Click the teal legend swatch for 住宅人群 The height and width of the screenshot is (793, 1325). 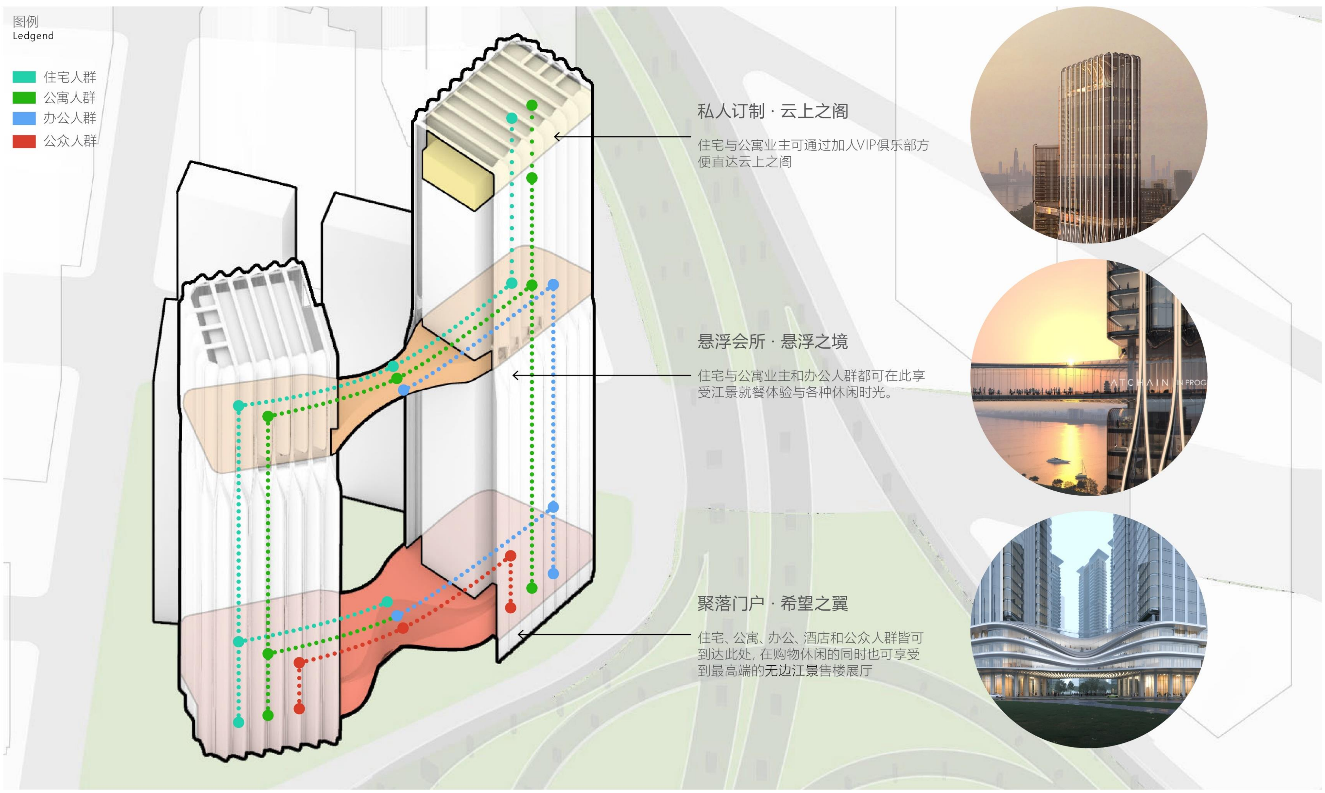pyautogui.click(x=24, y=77)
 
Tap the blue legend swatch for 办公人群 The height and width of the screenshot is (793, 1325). pyautogui.click(x=24, y=118)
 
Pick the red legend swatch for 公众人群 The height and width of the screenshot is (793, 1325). pyautogui.click(x=24, y=141)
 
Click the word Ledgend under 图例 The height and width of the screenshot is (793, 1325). pyautogui.click(x=33, y=36)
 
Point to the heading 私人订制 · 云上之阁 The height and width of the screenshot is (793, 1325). pyautogui.click(x=772, y=111)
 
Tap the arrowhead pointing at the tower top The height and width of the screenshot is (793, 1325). pyautogui.click(x=556, y=137)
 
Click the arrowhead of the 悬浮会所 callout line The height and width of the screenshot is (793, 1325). pyautogui.click(x=515, y=376)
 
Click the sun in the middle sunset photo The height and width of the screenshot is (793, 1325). pyautogui.click(x=1071, y=361)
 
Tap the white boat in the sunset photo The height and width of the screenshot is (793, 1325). pyautogui.click(x=1057, y=460)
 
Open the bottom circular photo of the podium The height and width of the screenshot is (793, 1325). pyautogui.click(x=1089, y=629)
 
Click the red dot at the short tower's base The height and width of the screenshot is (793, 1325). pyautogui.click(x=299, y=709)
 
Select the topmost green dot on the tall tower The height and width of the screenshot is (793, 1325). pyautogui.click(x=532, y=105)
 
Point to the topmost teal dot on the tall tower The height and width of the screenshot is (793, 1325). pyautogui.click(x=511, y=118)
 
